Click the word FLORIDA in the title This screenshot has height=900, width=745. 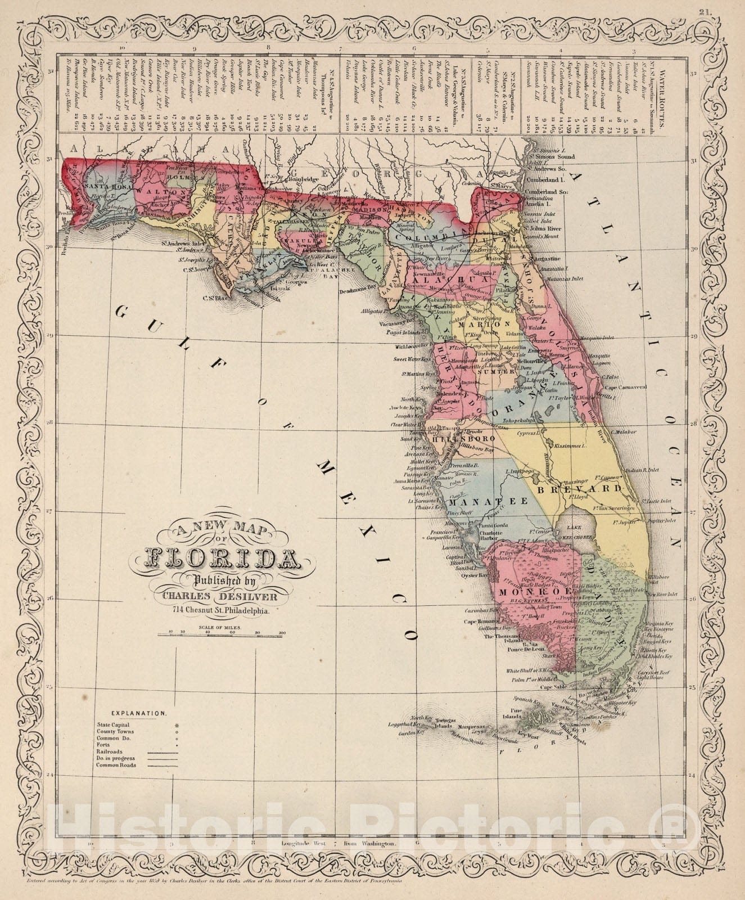pyautogui.click(x=222, y=559)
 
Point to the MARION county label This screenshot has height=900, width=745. pyautogui.click(x=483, y=325)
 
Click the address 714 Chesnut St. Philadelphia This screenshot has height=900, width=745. pyautogui.click(x=222, y=610)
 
